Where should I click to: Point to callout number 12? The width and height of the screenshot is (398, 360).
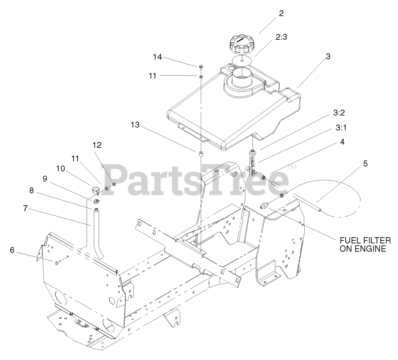coord(97,145)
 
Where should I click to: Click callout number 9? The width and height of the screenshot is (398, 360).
coord(44,179)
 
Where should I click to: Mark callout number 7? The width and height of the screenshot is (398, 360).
coord(25,208)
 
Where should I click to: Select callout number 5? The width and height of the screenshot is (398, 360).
coord(365,163)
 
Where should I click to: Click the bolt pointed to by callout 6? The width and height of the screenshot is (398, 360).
coord(57,263)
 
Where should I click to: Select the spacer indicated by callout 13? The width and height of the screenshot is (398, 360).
coord(201,154)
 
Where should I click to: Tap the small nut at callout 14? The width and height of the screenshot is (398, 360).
coord(201,66)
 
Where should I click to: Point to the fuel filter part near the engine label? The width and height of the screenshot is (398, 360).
coord(264,206)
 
